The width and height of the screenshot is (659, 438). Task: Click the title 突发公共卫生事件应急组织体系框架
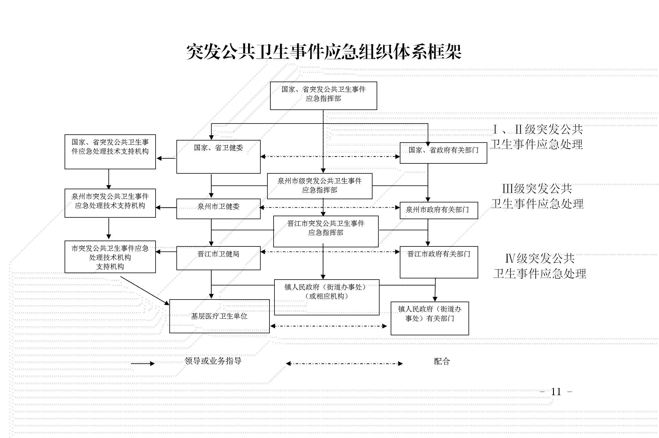pyautogui.click(x=324, y=52)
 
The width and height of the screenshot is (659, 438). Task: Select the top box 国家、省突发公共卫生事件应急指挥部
pyautogui.click(x=323, y=95)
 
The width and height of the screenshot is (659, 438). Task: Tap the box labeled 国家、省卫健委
pyautogui.click(x=218, y=157)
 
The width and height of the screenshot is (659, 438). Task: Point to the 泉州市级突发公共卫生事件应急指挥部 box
pyautogui.click(x=319, y=186)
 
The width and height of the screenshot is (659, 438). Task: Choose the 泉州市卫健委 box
pyautogui.click(x=218, y=208)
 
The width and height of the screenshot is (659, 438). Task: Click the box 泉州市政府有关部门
pyautogui.click(x=439, y=210)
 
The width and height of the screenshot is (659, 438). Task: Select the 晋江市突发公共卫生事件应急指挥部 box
pyautogui.click(x=326, y=231)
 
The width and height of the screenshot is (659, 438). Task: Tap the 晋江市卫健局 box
pyautogui.click(x=218, y=258)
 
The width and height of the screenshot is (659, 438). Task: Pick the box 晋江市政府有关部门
pyautogui.click(x=439, y=262)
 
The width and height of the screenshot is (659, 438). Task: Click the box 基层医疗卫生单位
pyautogui.click(x=219, y=316)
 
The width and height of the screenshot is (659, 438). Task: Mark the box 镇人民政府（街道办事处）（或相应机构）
pyautogui.click(x=326, y=297)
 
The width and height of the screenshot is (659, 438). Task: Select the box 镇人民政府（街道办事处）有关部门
pyautogui.click(x=429, y=318)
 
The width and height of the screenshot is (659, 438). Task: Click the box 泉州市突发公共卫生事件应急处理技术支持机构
pyautogui.click(x=110, y=203)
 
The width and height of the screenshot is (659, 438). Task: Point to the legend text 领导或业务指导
pyautogui.click(x=213, y=361)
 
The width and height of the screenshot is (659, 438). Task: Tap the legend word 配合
pyautogui.click(x=442, y=361)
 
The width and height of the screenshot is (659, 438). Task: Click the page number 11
pyautogui.click(x=556, y=392)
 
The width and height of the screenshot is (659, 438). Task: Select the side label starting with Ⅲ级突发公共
pyautogui.click(x=537, y=196)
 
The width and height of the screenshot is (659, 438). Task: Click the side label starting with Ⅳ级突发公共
pyautogui.click(x=540, y=266)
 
